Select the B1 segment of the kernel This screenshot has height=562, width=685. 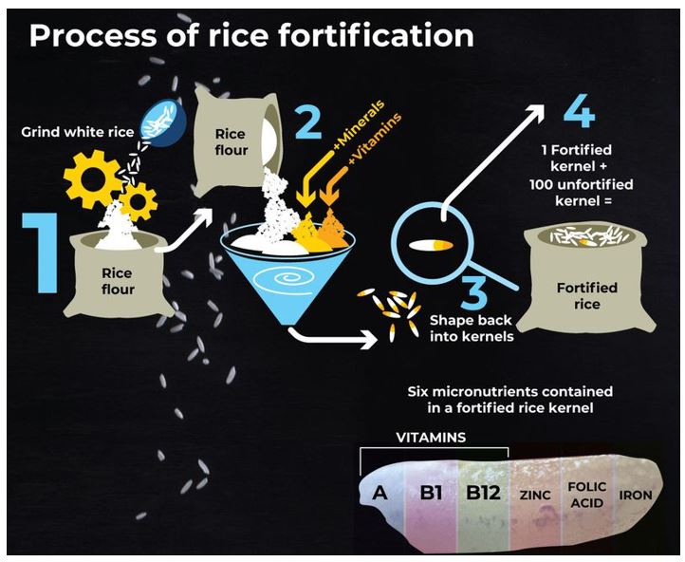click(x=432, y=495)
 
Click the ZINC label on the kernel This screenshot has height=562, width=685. click(x=534, y=495)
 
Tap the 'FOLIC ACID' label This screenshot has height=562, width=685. click(x=585, y=494)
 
